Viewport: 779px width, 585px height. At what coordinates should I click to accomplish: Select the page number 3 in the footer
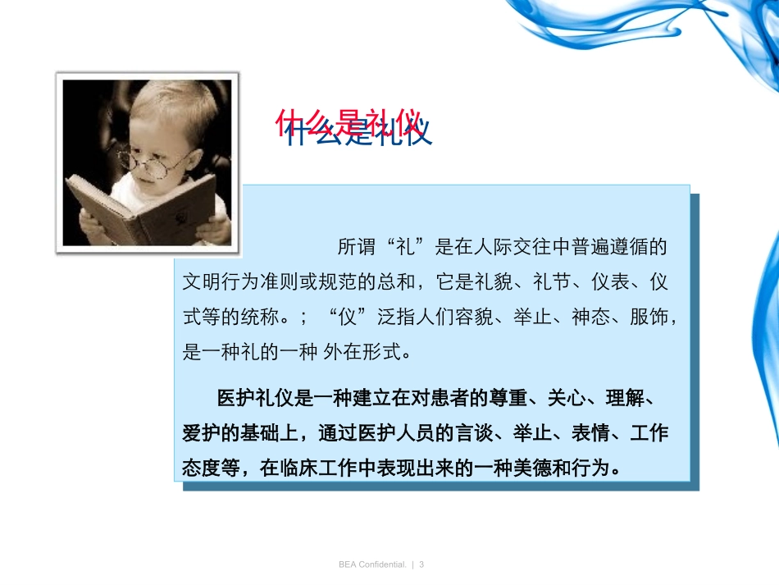421,564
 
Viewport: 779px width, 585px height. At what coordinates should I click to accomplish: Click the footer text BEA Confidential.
372,564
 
